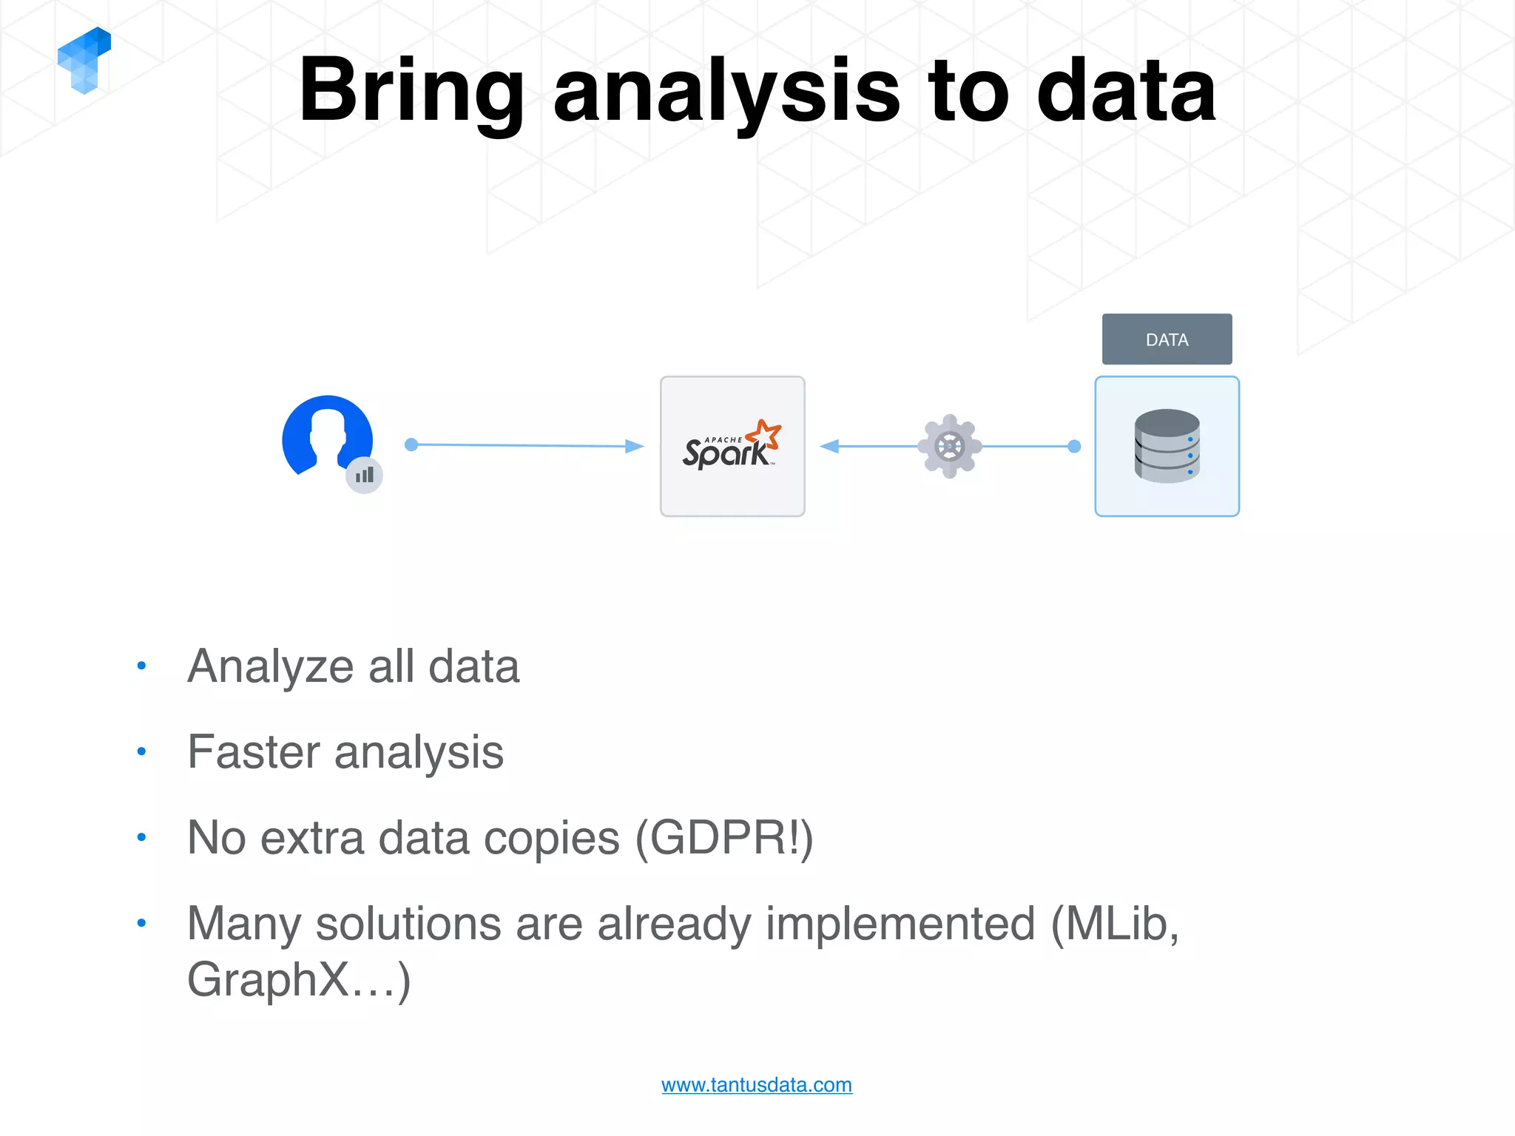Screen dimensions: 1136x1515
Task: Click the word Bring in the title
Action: tap(411, 92)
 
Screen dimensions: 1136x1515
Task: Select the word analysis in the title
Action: tap(726, 92)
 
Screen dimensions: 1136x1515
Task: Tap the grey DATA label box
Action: tap(1167, 339)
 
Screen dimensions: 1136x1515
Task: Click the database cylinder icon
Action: tap(1167, 446)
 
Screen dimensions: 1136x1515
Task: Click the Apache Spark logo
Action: tap(732, 446)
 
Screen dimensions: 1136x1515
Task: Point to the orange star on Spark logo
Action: tap(765, 434)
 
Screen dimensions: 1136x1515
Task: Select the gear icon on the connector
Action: tap(950, 446)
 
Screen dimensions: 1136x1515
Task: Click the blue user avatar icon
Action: tap(326, 436)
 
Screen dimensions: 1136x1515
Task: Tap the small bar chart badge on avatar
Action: tap(364, 475)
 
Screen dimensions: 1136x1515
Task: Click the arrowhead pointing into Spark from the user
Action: tap(634, 446)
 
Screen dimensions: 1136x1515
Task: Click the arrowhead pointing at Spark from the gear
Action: tap(830, 446)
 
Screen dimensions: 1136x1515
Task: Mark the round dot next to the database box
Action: tap(1075, 446)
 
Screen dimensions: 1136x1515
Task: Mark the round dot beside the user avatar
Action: tap(411, 444)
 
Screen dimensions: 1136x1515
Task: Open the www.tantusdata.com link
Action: tap(756, 1085)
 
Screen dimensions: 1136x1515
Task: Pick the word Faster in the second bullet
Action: tap(253, 752)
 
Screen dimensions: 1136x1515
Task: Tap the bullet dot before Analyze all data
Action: tap(141, 666)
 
